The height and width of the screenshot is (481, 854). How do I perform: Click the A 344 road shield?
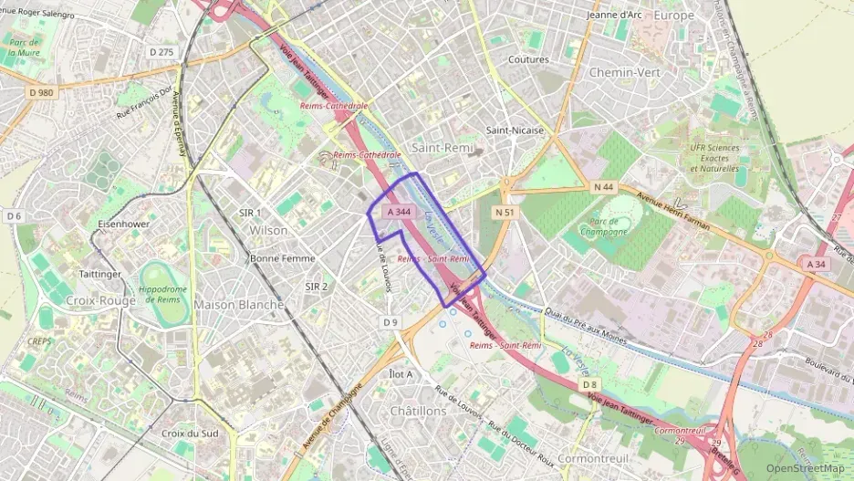tap(399, 212)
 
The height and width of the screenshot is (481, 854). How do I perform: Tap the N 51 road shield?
tap(505, 212)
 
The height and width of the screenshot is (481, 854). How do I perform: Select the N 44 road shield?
tap(603, 187)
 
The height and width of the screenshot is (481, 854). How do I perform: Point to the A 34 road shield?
tap(817, 263)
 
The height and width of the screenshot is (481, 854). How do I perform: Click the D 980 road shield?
tap(42, 92)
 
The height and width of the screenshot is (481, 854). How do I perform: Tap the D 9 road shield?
tap(391, 322)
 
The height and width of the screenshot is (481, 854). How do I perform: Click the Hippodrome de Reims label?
tap(164, 295)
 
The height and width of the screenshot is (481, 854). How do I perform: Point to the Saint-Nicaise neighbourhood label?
tap(515, 130)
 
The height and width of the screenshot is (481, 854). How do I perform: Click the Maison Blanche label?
tap(239, 304)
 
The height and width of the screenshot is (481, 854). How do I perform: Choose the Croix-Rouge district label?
tap(100, 299)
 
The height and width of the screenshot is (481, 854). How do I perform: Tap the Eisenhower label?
tap(123, 223)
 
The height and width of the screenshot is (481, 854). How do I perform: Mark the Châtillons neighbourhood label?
tap(418, 411)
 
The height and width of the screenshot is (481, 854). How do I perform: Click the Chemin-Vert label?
tap(625, 71)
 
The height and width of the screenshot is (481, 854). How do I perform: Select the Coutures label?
tap(528, 59)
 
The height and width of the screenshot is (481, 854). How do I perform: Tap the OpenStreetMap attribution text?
tap(806, 468)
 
